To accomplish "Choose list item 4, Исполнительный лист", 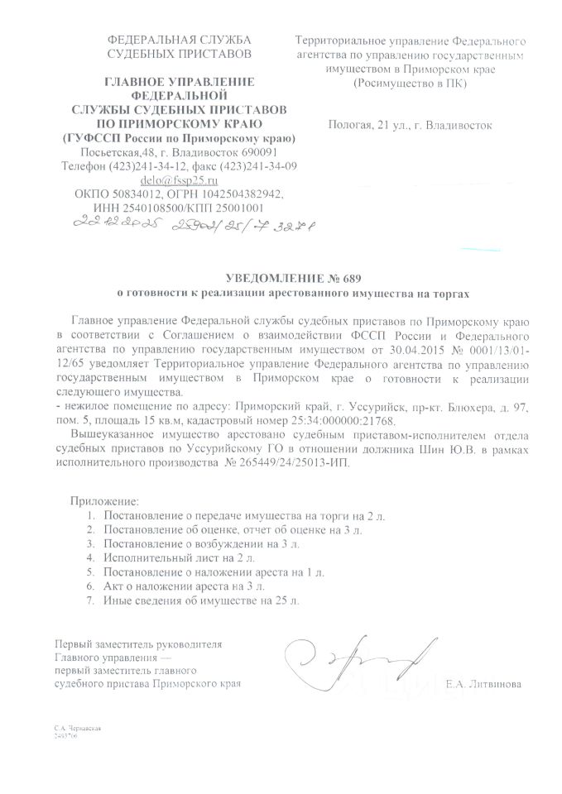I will (162, 558).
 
